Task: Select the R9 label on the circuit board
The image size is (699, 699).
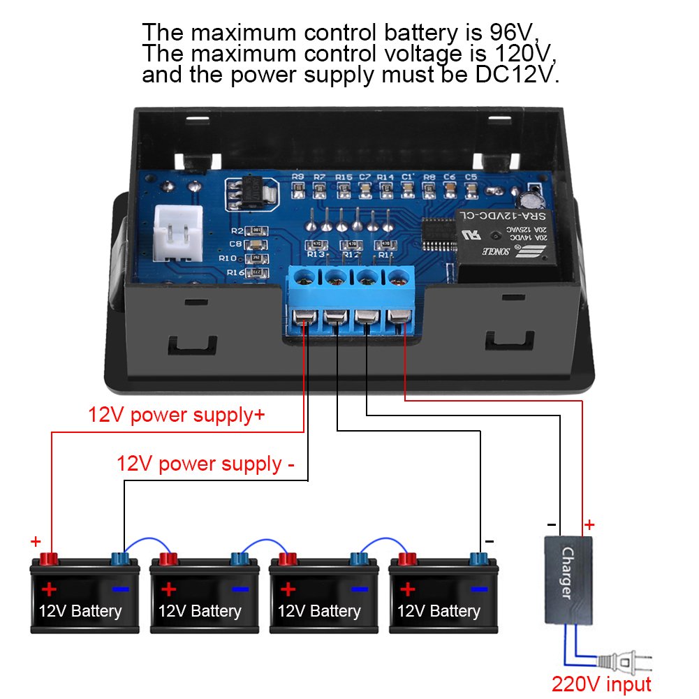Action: coord(298,177)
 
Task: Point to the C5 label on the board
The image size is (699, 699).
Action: coord(471,177)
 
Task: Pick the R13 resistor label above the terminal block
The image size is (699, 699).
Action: coord(316,255)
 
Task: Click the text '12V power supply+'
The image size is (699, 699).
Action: coord(176,415)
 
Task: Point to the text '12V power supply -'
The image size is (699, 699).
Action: coord(205,464)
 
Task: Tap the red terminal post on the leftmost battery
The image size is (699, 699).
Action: coord(50,558)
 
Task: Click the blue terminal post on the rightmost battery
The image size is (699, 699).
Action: coord(478,558)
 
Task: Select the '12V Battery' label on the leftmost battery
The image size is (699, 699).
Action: coord(80,612)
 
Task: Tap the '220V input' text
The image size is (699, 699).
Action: coord(601,684)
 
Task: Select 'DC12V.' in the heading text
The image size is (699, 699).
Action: coord(519,75)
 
